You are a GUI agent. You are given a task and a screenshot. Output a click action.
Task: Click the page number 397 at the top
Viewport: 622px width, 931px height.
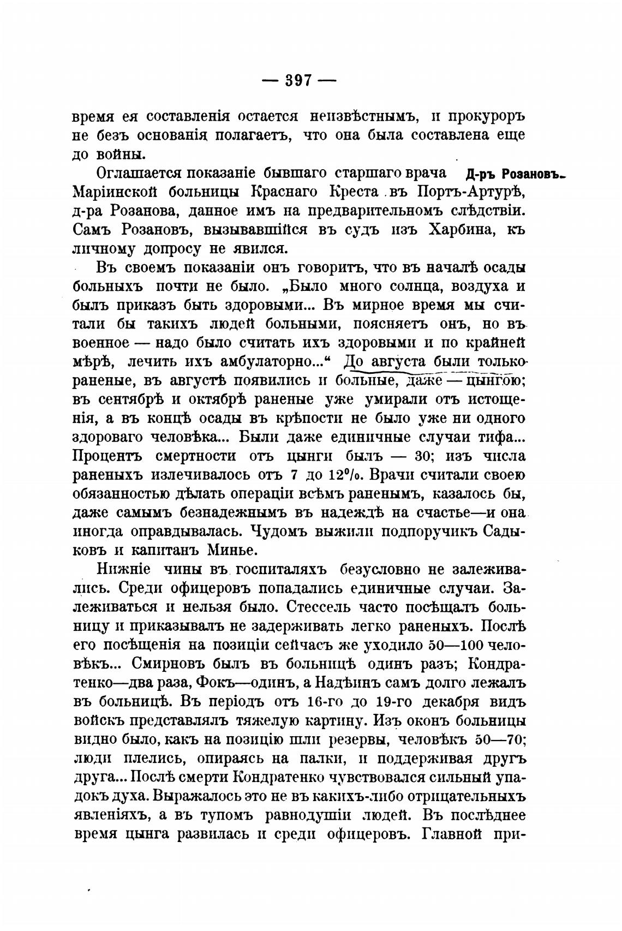click(298, 81)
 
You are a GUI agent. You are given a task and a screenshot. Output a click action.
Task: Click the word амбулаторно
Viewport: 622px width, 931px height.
click(279, 362)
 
